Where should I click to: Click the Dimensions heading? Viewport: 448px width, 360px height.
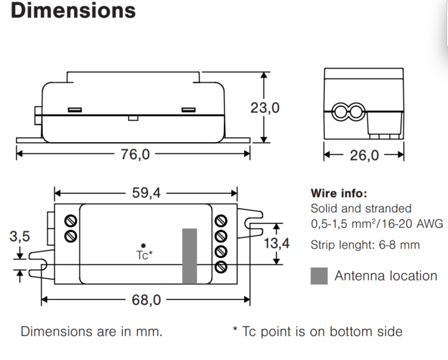click(73, 11)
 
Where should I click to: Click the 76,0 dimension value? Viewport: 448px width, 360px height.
click(135, 154)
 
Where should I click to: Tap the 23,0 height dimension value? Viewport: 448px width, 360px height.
click(265, 108)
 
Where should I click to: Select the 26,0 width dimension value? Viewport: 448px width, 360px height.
click(364, 156)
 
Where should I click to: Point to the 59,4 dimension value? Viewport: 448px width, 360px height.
click(146, 193)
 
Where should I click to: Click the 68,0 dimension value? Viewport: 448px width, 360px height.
click(146, 300)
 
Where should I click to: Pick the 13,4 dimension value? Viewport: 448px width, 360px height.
click(276, 243)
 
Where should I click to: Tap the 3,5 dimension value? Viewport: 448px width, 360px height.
click(20, 236)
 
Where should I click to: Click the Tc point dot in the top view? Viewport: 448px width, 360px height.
click(143, 246)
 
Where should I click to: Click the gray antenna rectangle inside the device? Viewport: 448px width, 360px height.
click(190, 256)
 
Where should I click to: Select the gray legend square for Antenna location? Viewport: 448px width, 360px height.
click(319, 276)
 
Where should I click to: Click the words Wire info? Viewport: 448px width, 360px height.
click(339, 194)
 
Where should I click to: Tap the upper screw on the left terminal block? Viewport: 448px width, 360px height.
click(71, 221)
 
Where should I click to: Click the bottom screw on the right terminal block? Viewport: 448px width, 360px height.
click(221, 267)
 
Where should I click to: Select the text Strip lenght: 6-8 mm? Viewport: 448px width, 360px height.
click(365, 245)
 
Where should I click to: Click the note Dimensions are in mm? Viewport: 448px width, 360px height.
click(91, 332)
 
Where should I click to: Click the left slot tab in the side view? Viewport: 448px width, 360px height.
click(75, 110)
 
